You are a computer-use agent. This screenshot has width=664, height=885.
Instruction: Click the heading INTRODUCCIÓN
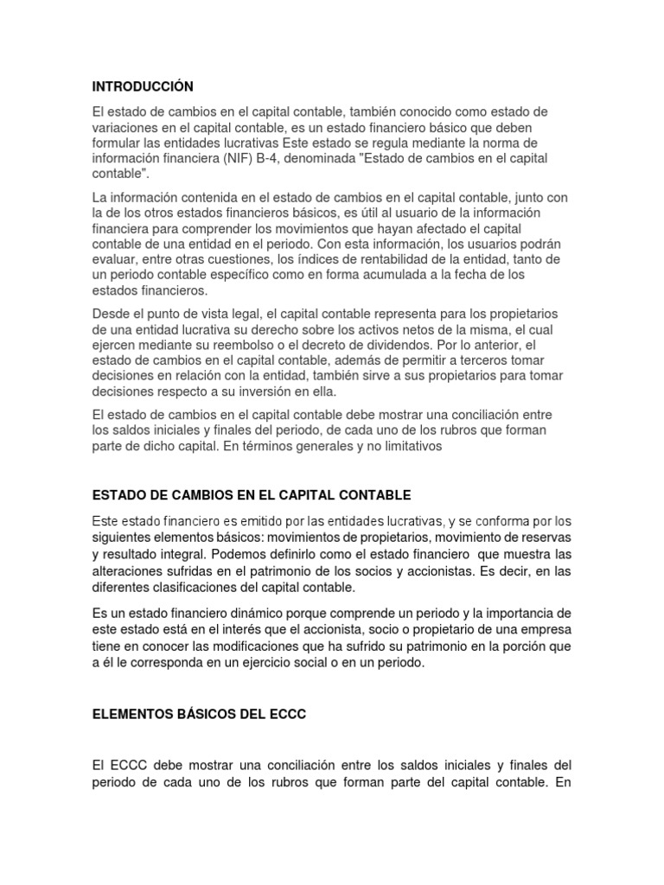pos(143,86)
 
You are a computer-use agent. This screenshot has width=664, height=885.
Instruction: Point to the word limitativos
pos(406,446)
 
